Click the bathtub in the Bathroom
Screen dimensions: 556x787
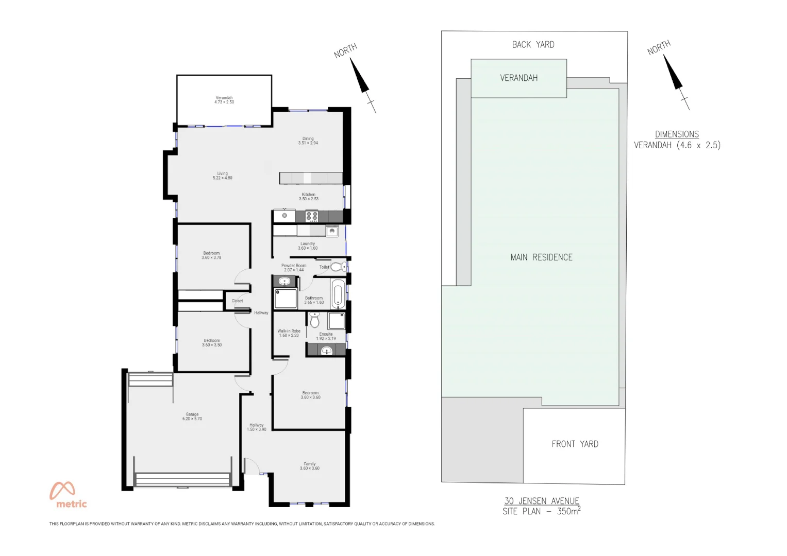338,294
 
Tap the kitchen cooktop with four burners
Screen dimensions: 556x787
312,216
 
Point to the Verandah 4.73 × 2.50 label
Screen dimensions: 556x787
224,100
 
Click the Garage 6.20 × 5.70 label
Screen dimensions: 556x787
192,416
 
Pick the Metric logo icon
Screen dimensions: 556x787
62,491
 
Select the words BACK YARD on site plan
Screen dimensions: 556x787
533,45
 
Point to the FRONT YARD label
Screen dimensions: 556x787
575,444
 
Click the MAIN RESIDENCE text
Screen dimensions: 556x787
541,257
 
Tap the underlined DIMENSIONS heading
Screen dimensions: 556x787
677,134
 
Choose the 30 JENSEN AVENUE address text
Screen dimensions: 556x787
542,501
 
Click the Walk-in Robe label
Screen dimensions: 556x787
289,333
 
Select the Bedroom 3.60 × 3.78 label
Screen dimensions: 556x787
211,255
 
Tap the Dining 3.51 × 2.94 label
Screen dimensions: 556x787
308,141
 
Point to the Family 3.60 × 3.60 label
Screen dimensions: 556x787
309,466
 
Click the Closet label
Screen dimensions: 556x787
237,301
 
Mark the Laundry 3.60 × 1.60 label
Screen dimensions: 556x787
308,246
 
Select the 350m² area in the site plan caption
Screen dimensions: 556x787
568,511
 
